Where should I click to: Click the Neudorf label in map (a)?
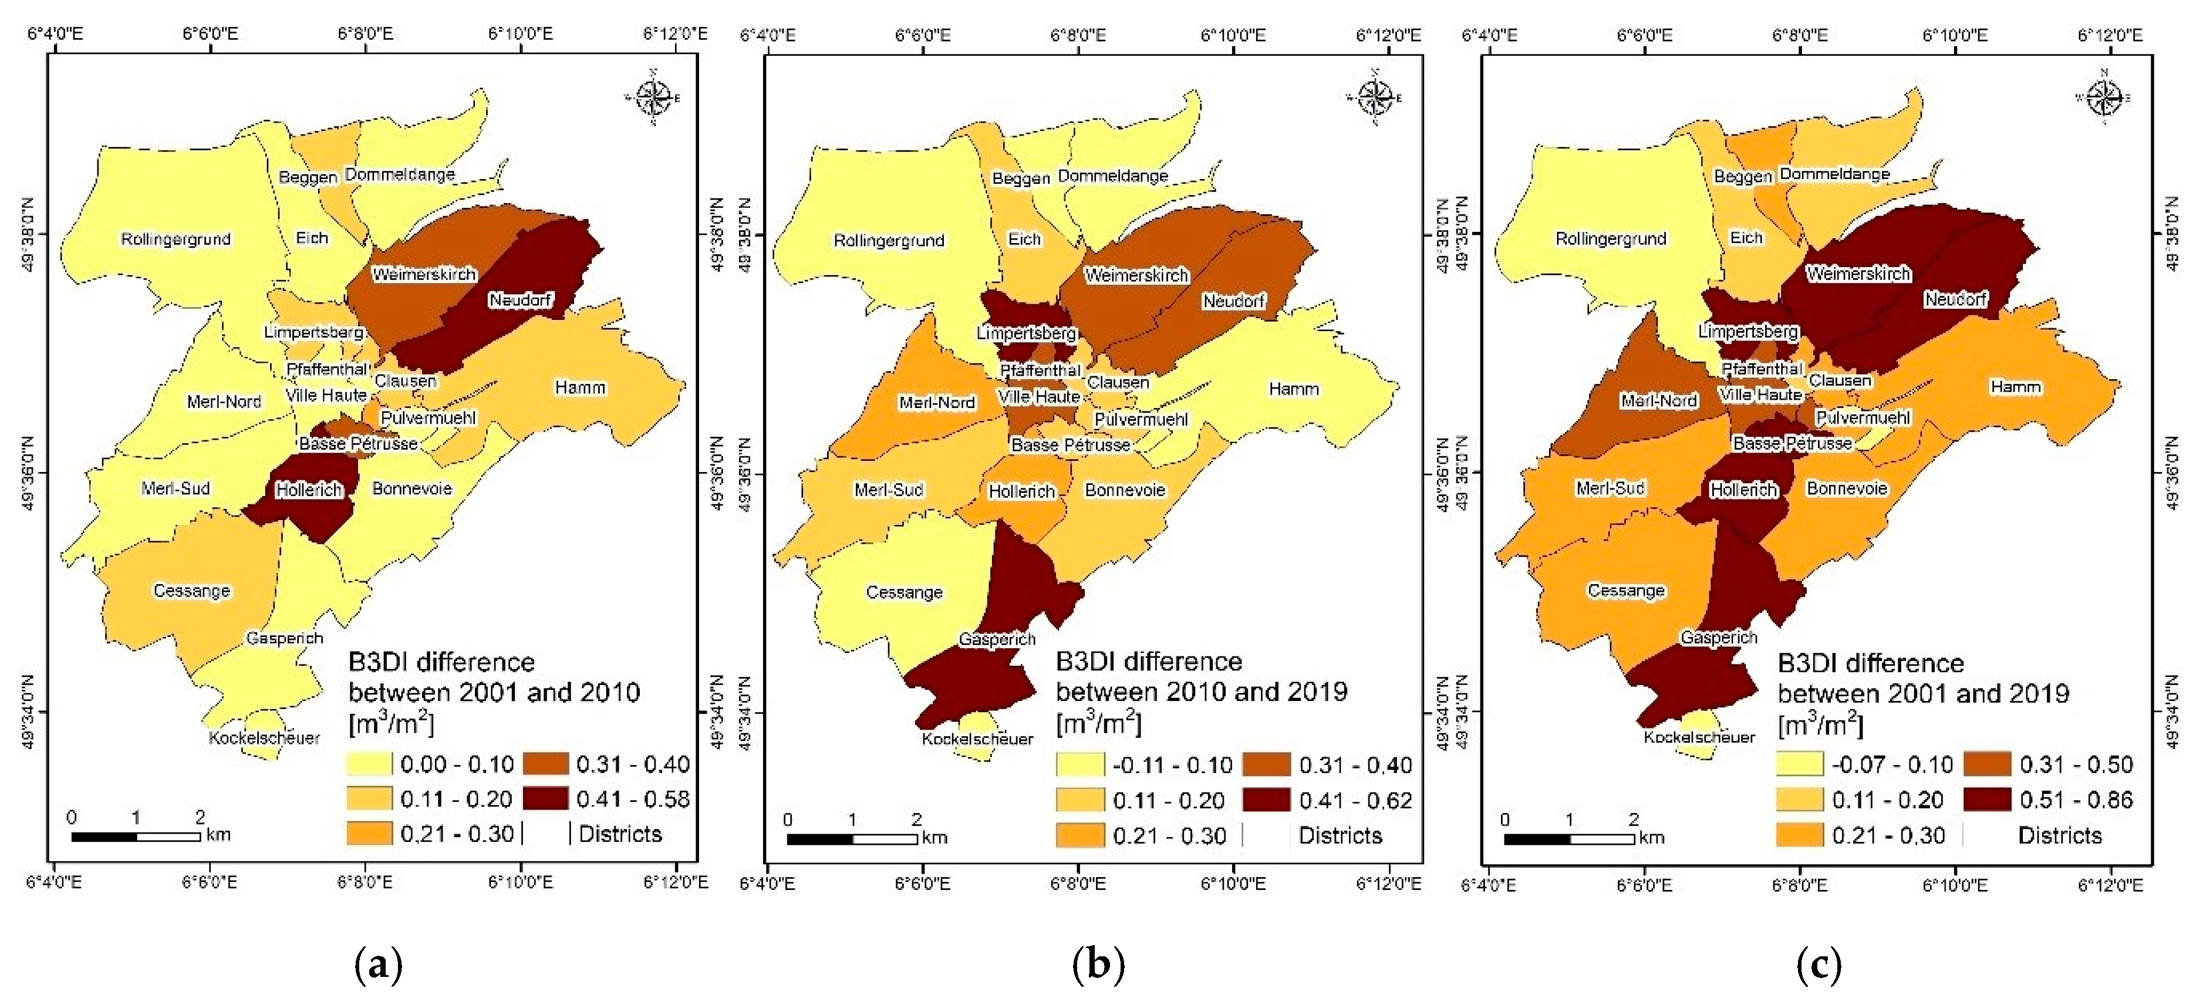coord(520,300)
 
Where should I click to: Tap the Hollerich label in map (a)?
coord(309,490)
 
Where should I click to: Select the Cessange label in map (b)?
coord(904,592)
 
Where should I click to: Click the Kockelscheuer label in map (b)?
coord(977,739)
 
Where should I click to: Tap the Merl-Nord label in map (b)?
coord(936,403)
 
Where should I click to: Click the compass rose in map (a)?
coord(653,97)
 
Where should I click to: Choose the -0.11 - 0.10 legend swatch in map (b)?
coord(1079,764)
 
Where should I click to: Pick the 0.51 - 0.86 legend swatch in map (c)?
coord(1986,800)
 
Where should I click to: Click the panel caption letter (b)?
coord(1098,965)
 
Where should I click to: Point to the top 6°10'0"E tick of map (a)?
coord(521,34)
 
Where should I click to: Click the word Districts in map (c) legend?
coord(2059,835)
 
